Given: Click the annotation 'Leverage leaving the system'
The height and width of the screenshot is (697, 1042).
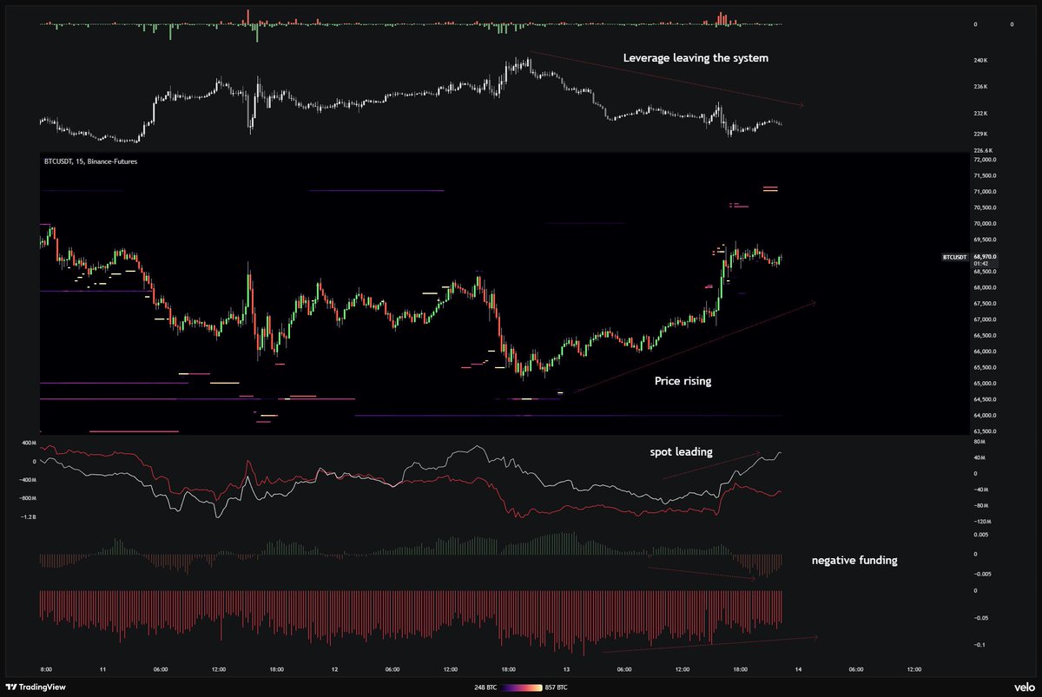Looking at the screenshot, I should pos(696,58).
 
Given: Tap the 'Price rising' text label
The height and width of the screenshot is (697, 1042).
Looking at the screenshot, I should pos(683,381).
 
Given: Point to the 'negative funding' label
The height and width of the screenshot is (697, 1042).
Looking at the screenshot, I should pos(854,561).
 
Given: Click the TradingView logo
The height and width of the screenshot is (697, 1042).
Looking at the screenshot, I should pos(44,686).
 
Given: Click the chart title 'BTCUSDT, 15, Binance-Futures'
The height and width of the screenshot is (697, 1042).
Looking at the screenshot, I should pos(90,161).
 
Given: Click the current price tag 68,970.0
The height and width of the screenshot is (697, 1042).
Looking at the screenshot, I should pos(985,257).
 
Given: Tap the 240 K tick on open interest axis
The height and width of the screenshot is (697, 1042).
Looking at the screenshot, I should pos(980,61).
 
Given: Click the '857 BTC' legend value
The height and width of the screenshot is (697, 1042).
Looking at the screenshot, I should pos(557,687).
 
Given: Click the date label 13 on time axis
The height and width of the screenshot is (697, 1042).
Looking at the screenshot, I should pos(566,669).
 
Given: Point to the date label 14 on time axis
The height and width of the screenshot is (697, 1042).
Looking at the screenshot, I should pos(797,669).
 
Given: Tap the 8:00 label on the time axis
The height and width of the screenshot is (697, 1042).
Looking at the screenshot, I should pos(46,669).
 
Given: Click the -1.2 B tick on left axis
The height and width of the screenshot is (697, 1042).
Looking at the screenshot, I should pos(30,516).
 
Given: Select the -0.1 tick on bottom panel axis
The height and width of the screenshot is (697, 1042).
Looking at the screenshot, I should pos(979,645).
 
